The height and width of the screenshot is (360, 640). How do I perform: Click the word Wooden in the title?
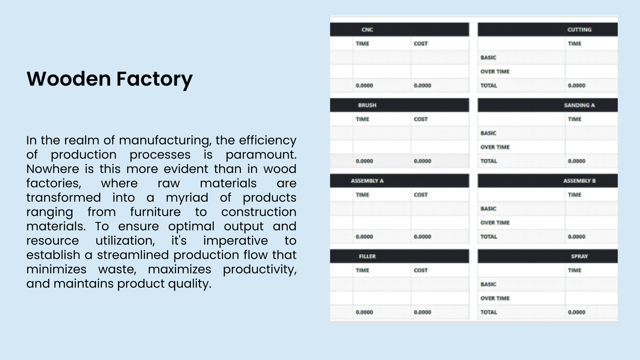pos(68,78)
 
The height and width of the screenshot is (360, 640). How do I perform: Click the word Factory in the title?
pos(154,80)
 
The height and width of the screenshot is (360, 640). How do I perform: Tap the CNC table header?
pos(367,30)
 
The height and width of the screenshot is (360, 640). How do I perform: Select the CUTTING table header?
pos(579,30)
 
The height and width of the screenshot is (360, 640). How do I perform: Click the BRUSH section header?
pos(367,105)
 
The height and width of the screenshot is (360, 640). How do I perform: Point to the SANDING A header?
pos(579,105)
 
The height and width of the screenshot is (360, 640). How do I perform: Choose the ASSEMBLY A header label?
pos(367,181)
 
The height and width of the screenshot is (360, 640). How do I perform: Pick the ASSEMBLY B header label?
pos(579,181)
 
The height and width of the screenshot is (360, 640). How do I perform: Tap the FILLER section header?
pos(367,256)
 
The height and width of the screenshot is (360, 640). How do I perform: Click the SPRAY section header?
pos(579,256)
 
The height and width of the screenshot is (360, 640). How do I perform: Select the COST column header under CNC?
pos(420,44)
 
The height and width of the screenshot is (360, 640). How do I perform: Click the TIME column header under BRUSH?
pos(362,119)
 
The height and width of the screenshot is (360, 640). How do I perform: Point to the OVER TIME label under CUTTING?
pos(495,72)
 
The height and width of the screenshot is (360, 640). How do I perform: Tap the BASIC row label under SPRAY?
pos(488,284)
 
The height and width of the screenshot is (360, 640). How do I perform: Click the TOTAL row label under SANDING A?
pos(488,161)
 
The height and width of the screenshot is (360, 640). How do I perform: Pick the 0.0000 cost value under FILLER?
pos(422,312)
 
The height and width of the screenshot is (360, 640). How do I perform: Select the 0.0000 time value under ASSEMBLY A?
pos(364,237)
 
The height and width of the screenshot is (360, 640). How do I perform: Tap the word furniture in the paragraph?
pos(156,212)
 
